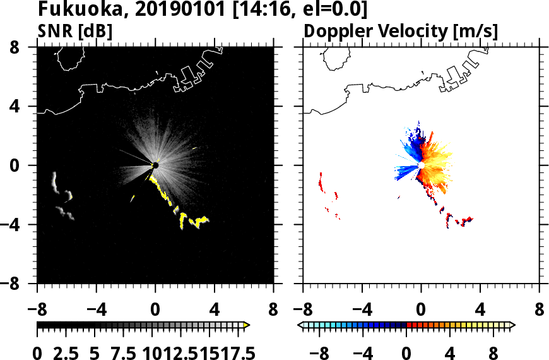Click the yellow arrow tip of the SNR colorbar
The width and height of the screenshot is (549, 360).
pos(247,325)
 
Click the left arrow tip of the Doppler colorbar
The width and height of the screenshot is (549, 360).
pos(300,325)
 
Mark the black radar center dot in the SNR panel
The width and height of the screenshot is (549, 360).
pos(155,165)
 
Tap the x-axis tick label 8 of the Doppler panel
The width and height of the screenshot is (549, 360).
pos(540,310)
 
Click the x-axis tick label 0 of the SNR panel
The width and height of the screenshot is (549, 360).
pos(155,310)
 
